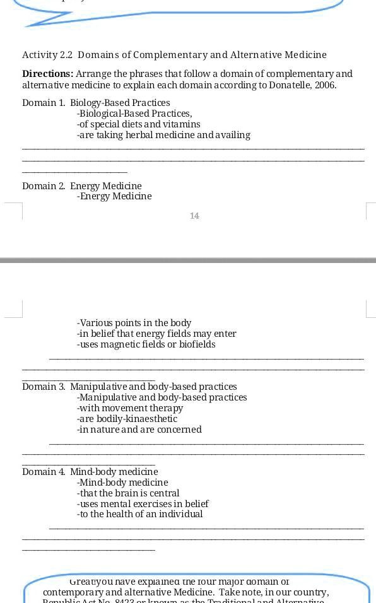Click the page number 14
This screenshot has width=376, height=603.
click(194, 216)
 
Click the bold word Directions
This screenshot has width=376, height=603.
click(47, 74)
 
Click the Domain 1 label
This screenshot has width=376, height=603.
click(43, 103)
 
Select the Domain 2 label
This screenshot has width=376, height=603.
click(43, 186)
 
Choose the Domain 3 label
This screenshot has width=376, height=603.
click(43, 387)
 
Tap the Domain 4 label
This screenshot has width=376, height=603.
click(43, 472)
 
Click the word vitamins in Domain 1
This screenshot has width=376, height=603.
click(181, 124)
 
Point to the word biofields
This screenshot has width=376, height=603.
click(195, 344)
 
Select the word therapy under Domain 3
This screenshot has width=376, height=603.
click(167, 408)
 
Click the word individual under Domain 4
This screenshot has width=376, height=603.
click(181, 515)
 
